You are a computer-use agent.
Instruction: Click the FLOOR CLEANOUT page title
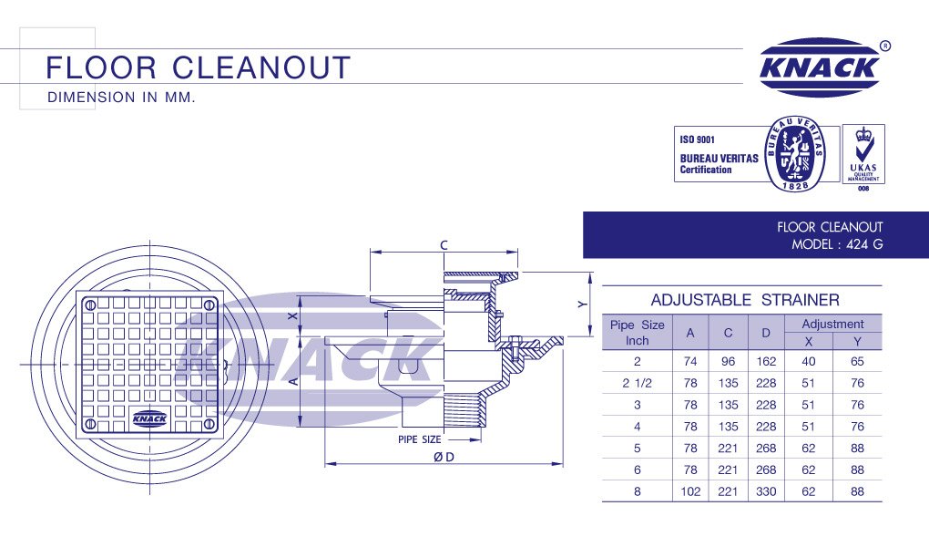point(199,67)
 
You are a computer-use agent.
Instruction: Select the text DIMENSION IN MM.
point(121,97)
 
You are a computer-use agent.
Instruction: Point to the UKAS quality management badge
point(863,154)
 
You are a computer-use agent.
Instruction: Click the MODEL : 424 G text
point(837,244)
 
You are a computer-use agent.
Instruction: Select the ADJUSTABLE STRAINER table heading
point(744,300)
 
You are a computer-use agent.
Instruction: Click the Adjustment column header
point(832,324)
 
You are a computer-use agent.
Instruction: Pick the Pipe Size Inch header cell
point(637,332)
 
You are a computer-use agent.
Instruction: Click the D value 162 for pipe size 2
point(766,361)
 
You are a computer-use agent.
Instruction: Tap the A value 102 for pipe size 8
point(690,492)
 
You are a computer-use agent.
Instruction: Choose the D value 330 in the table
point(766,492)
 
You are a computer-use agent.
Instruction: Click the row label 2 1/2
point(638,383)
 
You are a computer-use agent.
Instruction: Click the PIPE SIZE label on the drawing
point(419,439)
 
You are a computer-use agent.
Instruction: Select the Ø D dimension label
point(444,458)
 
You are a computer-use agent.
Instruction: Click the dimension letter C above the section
point(444,244)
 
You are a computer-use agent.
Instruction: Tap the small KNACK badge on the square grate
point(148,418)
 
